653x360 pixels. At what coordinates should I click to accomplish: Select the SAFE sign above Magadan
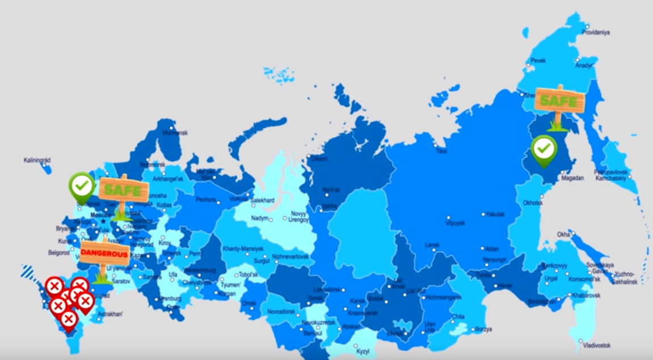(x=560, y=101)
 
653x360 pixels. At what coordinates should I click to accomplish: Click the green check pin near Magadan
(x=544, y=149)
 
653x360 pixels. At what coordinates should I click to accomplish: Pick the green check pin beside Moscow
(x=82, y=186)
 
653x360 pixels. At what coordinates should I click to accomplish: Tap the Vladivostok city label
(x=596, y=345)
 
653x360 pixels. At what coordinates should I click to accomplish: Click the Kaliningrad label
(x=37, y=160)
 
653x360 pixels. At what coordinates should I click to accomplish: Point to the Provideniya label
(x=595, y=32)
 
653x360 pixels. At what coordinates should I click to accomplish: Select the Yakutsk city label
(x=495, y=215)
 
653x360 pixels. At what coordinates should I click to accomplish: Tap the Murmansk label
(x=174, y=133)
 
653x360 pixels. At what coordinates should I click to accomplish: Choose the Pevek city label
(x=537, y=60)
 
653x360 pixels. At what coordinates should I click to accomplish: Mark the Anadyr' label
(x=584, y=65)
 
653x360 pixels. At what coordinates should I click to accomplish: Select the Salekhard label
(x=262, y=201)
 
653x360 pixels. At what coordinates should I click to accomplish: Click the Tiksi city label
(x=441, y=151)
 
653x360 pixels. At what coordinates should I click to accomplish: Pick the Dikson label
(x=319, y=159)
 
